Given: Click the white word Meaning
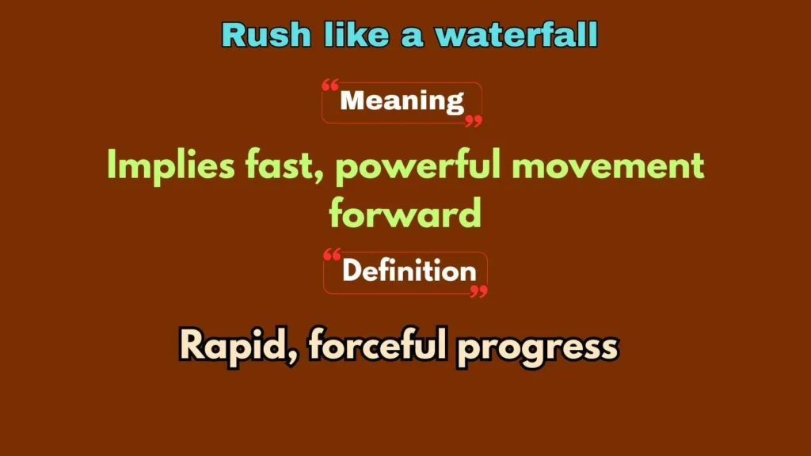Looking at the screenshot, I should pyautogui.click(x=402, y=101).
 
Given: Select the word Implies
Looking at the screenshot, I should pyautogui.click(x=163, y=165).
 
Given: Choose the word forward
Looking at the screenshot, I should pyautogui.click(x=405, y=213).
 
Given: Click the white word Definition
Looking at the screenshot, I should pyautogui.click(x=409, y=272).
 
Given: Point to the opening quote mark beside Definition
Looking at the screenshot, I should pyautogui.click(x=333, y=255).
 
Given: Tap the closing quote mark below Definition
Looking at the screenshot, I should pyautogui.click(x=478, y=292).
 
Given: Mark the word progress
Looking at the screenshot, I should pyautogui.click(x=537, y=347).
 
